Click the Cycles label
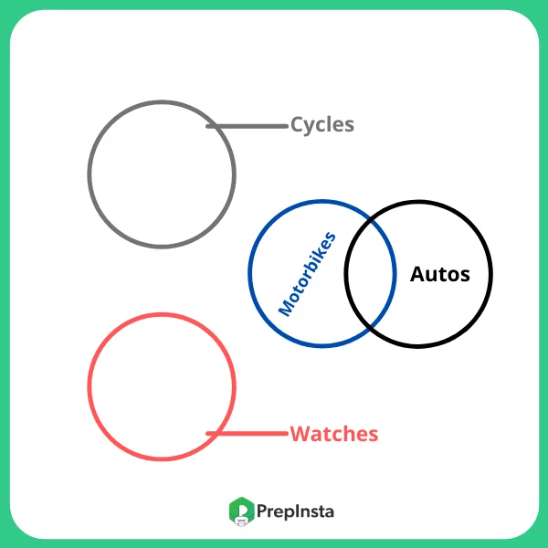click(321, 124)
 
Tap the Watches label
click(333, 434)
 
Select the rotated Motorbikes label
click(307, 274)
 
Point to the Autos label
click(440, 274)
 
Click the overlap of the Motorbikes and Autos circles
click(370, 274)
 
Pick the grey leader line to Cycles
click(248, 125)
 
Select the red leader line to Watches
click(248, 434)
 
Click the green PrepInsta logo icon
click(240, 511)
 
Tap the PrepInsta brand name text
click(295, 511)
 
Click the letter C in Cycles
click(297, 124)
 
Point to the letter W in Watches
click(299, 434)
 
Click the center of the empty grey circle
click(162, 174)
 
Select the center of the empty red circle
click(162, 386)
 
